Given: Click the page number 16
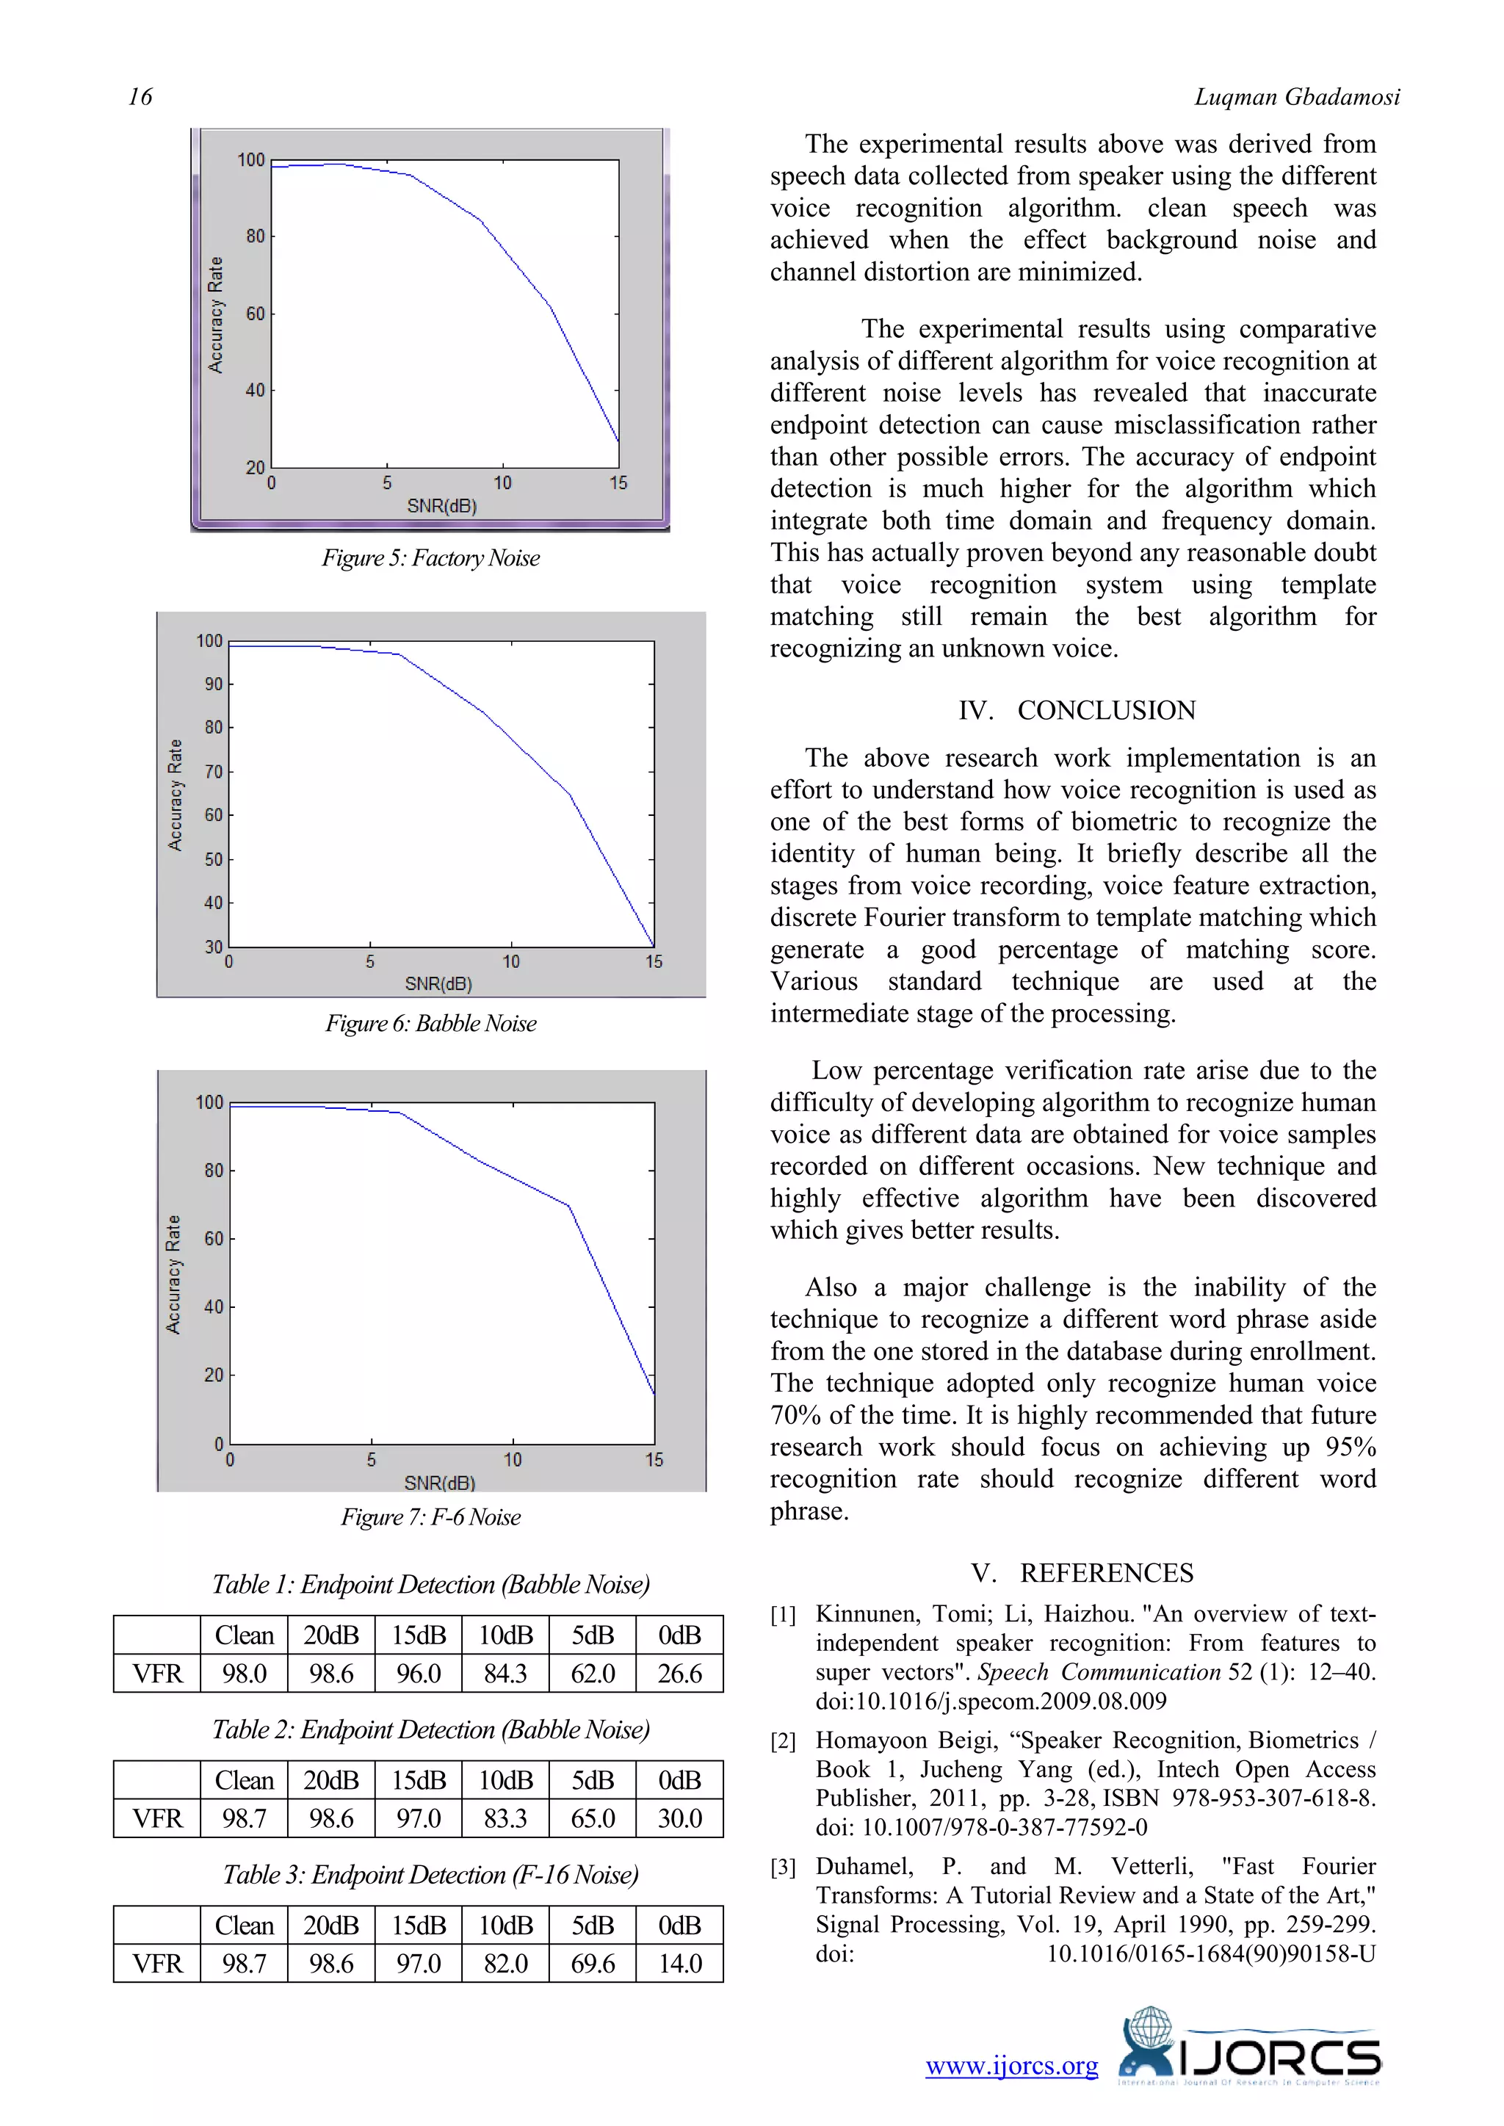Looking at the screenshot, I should click(x=140, y=96).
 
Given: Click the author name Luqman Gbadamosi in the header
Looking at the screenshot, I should click(x=1297, y=96).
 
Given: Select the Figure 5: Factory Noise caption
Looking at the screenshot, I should click(x=430, y=557).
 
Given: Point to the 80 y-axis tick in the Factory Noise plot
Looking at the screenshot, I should click(x=255, y=236).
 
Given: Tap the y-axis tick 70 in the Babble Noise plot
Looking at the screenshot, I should click(x=214, y=771).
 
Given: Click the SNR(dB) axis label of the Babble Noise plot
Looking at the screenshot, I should click(x=438, y=983).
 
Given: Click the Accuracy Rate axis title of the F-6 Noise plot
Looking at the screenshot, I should click(x=173, y=1274).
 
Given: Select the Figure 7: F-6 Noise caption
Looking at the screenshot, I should click(x=430, y=1516).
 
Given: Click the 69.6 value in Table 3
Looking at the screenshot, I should click(x=592, y=1963).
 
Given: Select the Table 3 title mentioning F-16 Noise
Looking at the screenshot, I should click(x=430, y=1875).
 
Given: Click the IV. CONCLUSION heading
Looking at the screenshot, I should click(x=1077, y=710).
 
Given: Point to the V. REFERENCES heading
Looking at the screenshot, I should click(x=1082, y=1573).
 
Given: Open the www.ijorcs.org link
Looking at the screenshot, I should click(x=1011, y=2067).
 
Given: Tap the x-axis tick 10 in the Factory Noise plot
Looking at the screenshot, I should click(x=502, y=482).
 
